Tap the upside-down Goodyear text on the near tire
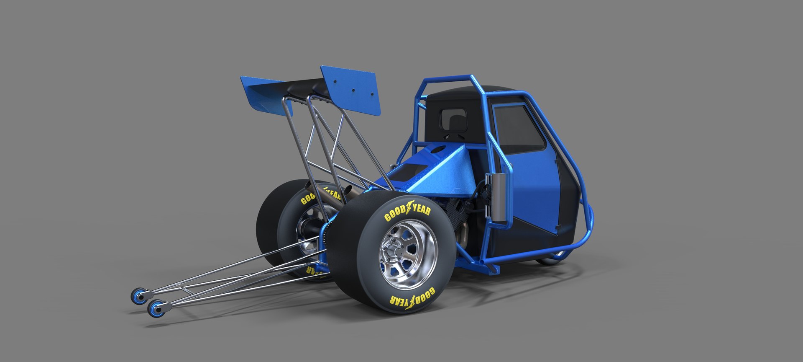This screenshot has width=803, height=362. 412,296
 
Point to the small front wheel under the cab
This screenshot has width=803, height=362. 552,259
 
